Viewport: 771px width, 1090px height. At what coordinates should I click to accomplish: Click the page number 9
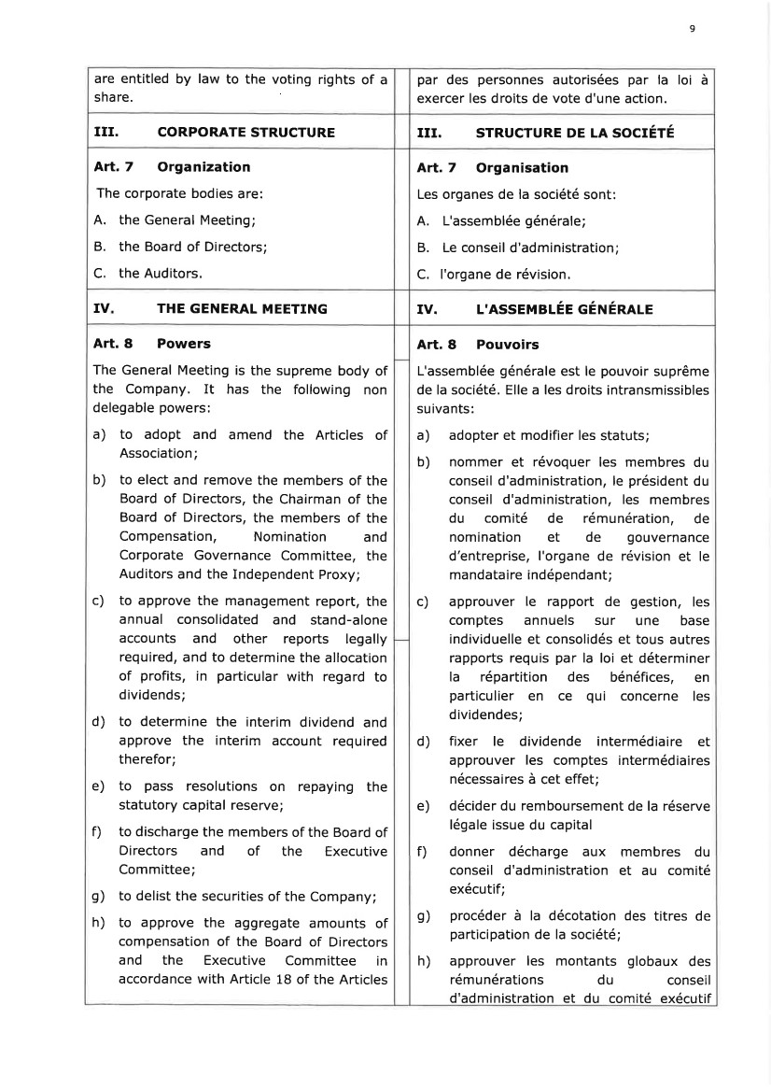coord(692,29)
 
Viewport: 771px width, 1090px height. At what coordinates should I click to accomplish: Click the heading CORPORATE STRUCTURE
coord(245,133)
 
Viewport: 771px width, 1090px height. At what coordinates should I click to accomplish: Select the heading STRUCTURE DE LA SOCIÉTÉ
coord(575,133)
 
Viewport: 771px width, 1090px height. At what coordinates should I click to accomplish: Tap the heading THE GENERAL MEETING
coord(242,308)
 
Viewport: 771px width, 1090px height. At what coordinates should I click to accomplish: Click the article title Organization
coord(203,167)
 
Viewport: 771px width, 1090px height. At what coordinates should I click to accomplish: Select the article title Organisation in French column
coord(522,168)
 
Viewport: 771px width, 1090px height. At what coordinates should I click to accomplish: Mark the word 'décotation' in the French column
coord(580,916)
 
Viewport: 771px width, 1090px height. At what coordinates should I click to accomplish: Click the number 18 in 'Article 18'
coord(300,979)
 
